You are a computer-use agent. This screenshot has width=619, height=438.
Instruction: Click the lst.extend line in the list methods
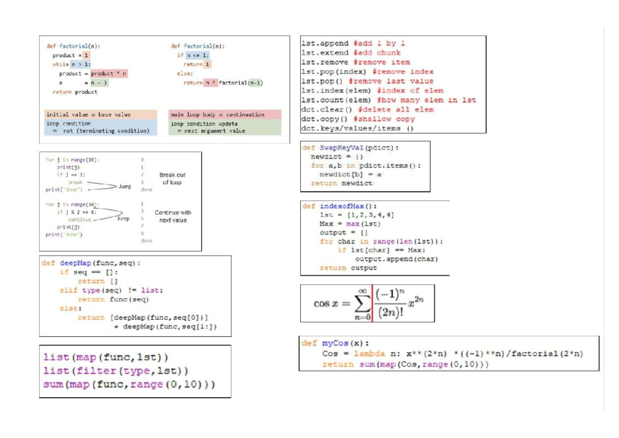351,53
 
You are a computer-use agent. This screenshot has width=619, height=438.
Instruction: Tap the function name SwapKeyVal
340,148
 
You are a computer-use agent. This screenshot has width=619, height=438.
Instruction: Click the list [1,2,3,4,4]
371,215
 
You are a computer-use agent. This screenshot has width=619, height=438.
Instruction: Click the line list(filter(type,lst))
116,371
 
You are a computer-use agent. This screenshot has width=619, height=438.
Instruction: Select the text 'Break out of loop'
172,179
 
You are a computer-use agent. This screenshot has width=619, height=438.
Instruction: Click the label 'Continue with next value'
172,216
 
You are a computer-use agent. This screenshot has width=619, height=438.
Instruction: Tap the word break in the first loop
75,182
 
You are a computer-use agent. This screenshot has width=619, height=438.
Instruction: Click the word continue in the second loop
79,219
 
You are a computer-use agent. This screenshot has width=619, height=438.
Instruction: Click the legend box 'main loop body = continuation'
225,115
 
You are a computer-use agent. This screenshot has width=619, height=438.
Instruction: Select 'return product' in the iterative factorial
75,92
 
